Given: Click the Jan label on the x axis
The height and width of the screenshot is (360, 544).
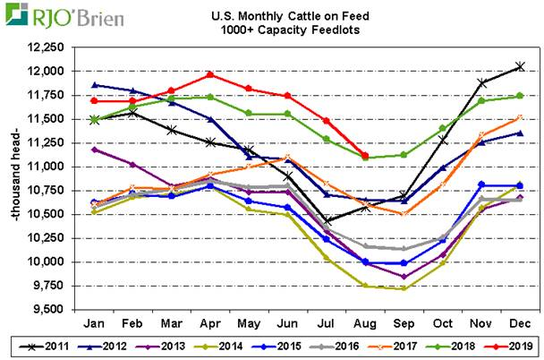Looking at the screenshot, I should pos(94,321).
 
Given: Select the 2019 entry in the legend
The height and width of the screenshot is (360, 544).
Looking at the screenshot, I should pos(511,345).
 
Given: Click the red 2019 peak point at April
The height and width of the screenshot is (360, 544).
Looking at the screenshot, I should pos(210,74).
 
